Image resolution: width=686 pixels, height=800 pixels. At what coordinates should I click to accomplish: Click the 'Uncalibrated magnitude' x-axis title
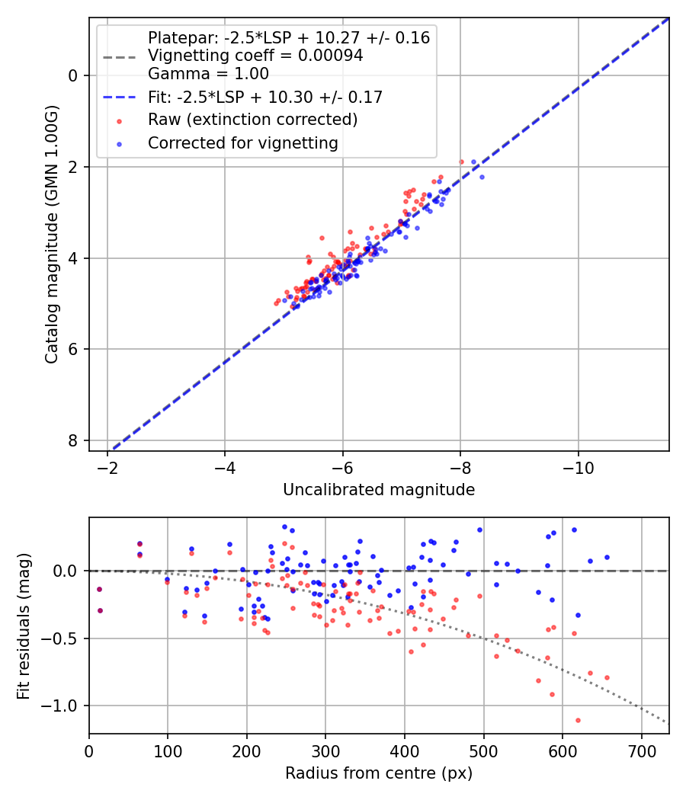[379, 490]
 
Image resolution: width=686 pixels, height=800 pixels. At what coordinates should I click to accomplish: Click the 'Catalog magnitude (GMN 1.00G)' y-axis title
[51, 234]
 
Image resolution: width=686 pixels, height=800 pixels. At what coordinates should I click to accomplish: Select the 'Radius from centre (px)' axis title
[379, 773]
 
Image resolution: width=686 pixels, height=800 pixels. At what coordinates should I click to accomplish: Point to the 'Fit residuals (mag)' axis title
[23, 625]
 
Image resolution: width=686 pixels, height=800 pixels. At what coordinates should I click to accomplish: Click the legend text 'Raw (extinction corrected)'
[252, 120]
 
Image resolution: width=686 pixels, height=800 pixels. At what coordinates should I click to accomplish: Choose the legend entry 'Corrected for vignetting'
[242, 142]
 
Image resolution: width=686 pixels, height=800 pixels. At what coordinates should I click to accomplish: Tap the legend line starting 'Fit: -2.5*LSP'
[264, 97]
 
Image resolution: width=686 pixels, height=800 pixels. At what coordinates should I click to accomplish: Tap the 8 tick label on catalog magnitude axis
[73, 441]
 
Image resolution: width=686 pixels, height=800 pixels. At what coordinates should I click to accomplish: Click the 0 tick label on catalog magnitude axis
[73, 75]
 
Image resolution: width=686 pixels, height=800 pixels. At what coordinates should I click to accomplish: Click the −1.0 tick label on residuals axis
[63, 706]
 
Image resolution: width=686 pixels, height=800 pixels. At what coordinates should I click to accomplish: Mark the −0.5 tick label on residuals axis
[63, 638]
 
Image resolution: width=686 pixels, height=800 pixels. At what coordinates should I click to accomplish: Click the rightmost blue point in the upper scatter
[481, 177]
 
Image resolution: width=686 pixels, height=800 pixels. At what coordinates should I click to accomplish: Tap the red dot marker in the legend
[118, 120]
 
